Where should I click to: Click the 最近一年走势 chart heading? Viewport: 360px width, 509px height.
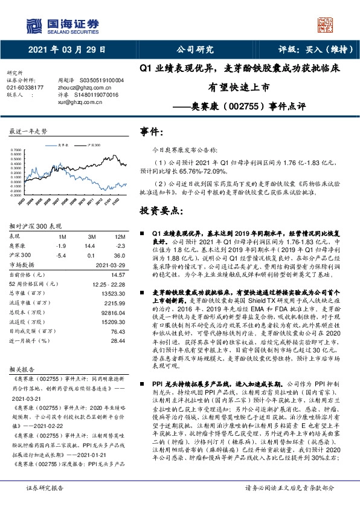click(28, 131)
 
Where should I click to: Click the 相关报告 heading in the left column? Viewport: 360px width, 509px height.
click(24, 367)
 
